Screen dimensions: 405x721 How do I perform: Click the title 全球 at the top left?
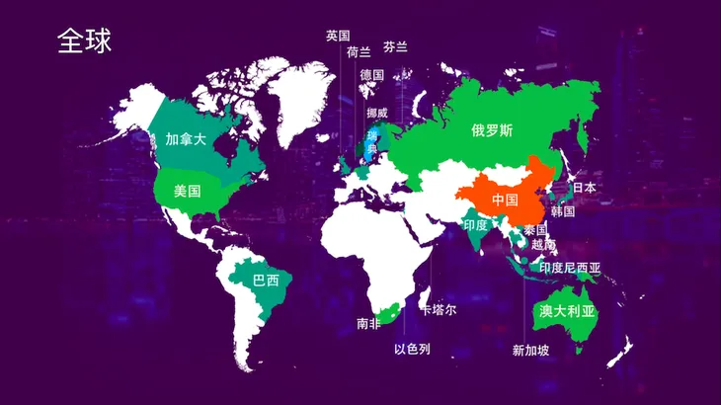click(84, 40)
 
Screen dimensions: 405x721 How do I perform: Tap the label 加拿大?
click(186, 139)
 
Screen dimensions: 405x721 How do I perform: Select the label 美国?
click(187, 191)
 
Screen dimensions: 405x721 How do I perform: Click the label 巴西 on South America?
click(266, 281)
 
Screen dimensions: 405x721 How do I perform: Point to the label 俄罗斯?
click(492, 130)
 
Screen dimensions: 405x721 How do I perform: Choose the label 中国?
click(505, 200)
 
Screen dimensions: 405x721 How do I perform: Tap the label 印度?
click(476, 225)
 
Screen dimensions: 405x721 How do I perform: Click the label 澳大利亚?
click(567, 310)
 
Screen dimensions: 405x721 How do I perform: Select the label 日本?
click(584, 187)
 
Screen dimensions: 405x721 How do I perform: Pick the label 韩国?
click(563, 211)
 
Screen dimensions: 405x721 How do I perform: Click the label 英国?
click(338, 36)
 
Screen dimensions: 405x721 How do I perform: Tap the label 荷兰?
click(359, 51)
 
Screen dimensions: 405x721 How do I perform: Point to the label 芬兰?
click(395, 46)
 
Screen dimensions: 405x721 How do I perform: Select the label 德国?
click(371, 75)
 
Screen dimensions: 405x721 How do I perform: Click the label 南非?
click(368, 323)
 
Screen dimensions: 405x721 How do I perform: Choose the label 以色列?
click(412, 349)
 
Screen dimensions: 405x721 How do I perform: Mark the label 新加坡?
click(530, 350)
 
